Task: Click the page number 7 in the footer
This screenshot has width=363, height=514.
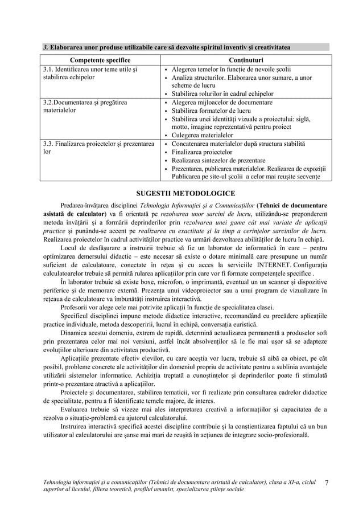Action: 327,483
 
